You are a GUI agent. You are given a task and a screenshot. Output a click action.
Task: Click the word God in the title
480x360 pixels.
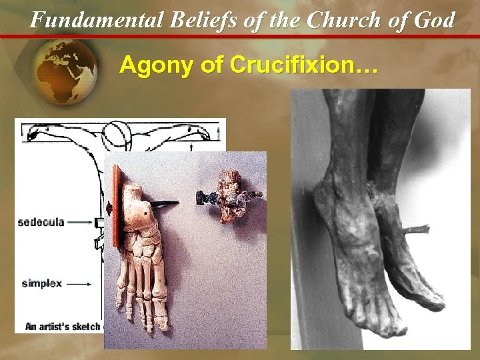pos(434,19)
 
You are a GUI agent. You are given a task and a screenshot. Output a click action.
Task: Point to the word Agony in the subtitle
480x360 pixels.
pos(149,65)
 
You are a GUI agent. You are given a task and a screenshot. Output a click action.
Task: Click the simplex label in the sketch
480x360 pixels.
pos(41,283)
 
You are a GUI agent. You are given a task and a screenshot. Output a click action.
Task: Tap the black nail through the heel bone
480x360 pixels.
pos(164,201)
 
